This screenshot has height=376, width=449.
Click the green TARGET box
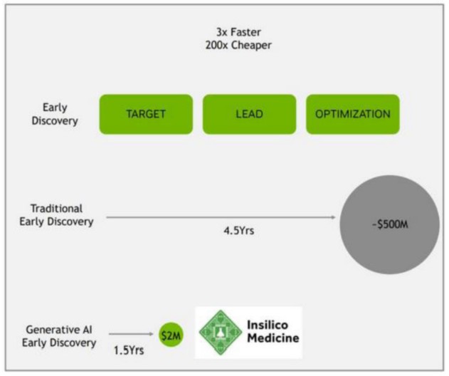click(145, 114)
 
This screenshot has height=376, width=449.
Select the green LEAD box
click(248, 114)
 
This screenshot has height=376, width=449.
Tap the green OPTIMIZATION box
click(353, 114)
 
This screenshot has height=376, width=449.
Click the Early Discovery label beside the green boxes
click(56, 114)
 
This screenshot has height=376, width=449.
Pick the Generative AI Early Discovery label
click(61, 336)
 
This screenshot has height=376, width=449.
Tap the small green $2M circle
click(171, 335)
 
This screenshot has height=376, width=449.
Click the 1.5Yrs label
click(129, 351)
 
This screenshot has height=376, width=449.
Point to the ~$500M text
click(391, 226)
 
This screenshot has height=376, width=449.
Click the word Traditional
click(57, 209)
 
